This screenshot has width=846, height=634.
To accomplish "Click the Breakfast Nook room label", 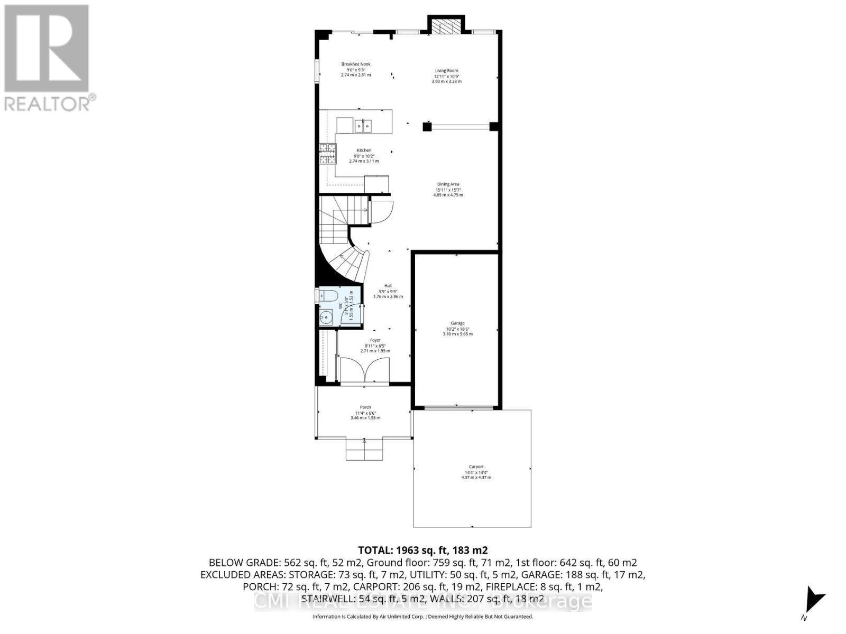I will click(x=355, y=64).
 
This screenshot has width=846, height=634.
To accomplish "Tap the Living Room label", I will click(x=446, y=70).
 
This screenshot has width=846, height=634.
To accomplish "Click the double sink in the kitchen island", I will click(x=363, y=126).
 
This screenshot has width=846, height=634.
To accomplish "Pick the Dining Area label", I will click(x=448, y=184).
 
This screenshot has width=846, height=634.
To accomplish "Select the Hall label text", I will click(x=388, y=285).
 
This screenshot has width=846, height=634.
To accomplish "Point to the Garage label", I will click(x=457, y=323).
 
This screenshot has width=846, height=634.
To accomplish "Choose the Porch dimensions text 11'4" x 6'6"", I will click(x=365, y=413).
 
